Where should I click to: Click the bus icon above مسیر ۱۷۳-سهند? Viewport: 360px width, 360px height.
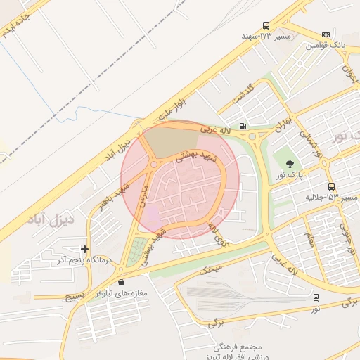point(266,25)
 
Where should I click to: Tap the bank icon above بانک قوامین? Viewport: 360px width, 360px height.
point(326,34)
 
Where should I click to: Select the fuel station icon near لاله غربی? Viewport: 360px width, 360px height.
point(243,127)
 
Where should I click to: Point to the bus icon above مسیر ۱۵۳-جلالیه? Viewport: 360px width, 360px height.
point(331,186)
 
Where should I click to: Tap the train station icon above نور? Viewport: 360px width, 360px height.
point(316,297)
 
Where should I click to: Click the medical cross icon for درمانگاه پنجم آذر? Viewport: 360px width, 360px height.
point(85,249)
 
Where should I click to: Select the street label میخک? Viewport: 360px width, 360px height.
point(210,269)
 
